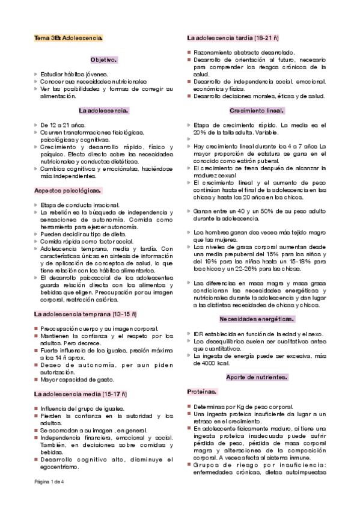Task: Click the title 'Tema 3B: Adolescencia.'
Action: pos(68,38)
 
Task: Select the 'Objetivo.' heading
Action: pos(103,60)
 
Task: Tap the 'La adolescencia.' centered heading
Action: pos(103,111)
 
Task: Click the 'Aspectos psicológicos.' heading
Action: pos(68,191)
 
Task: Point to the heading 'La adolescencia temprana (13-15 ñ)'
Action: pos(85,314)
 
